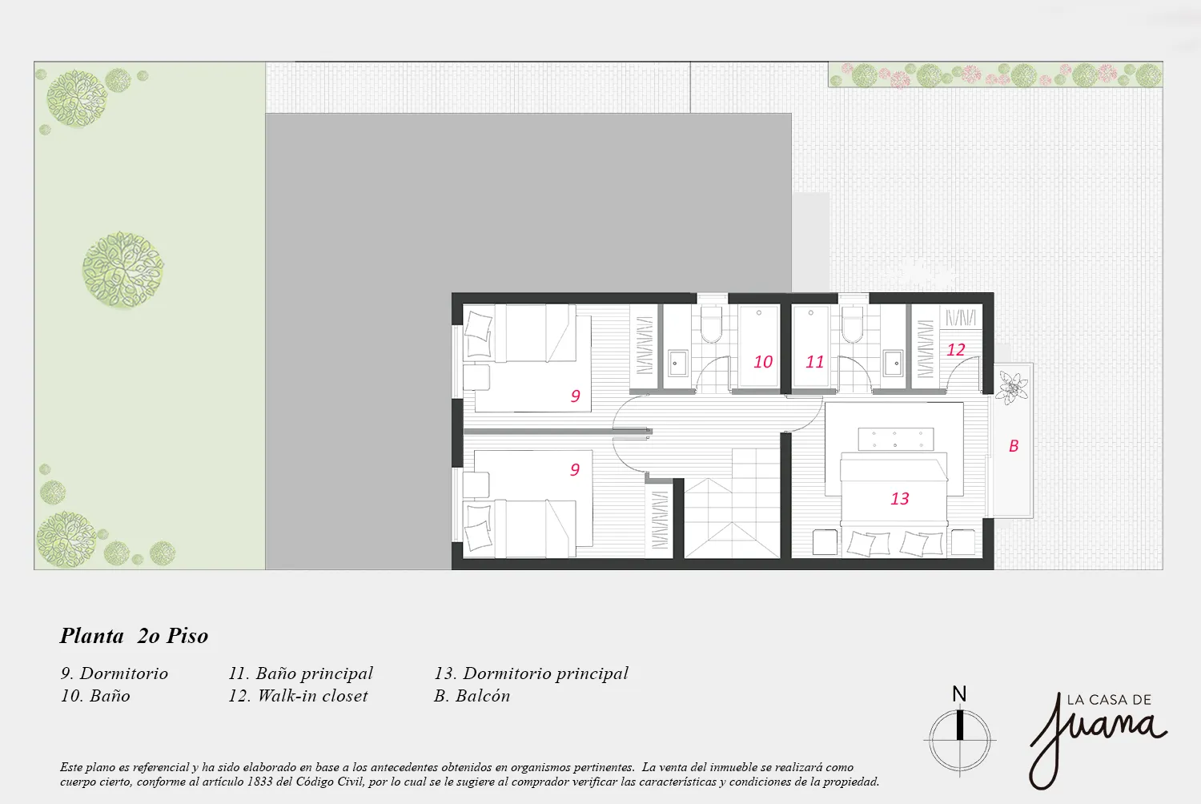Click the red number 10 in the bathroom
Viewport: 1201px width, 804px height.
click(x=763, y=362)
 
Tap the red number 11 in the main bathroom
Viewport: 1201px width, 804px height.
click(x=814, y=362)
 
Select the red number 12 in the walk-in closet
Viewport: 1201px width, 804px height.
click(x=955, y=350)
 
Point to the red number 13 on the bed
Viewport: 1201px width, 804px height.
click(x=900, y=499)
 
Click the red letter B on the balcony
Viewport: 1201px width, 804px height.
click(x=1014, y=446)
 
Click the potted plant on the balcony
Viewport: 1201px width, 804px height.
click(x=1012, y=388)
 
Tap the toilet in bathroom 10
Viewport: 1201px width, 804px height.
click(x=712, y=324)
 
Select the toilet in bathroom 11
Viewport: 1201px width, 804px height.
click(x=852, y=324)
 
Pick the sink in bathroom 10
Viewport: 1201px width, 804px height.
click(x=677, y=364)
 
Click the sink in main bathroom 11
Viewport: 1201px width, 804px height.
click(x=894, y=364)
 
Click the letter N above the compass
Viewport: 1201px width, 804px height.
click(x=959, y=694)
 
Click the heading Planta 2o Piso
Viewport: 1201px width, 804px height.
click(x=134, y=636)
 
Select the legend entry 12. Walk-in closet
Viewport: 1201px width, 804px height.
click(x=298, y=696)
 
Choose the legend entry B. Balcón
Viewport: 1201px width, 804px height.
click(x=472, y=696)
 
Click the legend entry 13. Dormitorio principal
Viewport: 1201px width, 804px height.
click(x=531, y=673)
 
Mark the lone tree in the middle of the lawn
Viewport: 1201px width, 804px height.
click(x=123, y=270)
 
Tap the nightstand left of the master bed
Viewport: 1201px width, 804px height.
click(x=825, y=542)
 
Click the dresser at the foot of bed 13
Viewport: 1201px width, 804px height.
click(x=895, y=440)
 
